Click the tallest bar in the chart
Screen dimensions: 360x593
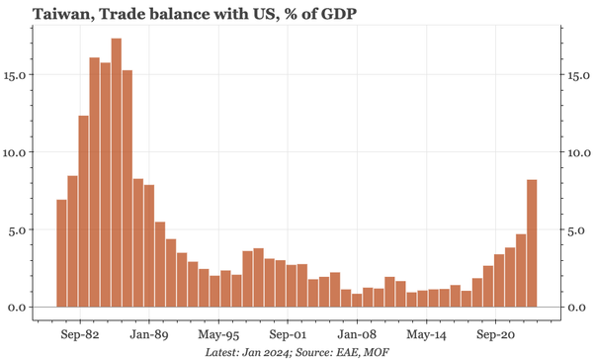point(117,173)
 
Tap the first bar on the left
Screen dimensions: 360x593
point(61,253)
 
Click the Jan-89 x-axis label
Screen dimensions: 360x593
point(148,333)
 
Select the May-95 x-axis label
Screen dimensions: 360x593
point(217,333)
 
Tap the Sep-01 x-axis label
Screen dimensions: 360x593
point(287,333)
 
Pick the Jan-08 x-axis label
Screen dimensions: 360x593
point(356,333)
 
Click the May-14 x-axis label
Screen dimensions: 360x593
point(425,333)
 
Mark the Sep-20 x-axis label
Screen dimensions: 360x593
point(494,333)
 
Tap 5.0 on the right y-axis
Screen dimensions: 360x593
point(577,229)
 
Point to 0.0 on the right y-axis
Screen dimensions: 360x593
point(577,308)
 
